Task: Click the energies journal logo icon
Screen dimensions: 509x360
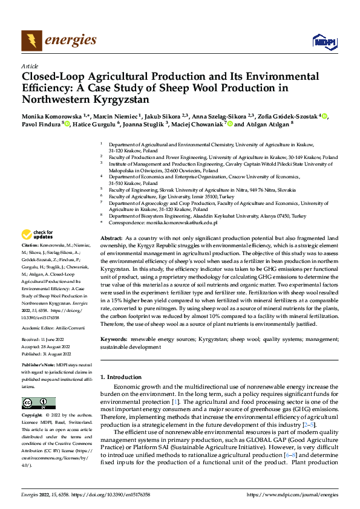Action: [x=31, y=40]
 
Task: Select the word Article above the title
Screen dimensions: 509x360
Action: [x=30, y=66]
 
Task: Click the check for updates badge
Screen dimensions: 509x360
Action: [x=38, y=235]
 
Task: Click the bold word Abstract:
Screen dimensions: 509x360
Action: [x=112, y=239]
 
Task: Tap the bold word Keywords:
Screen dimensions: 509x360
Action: [x=114, y=340]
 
